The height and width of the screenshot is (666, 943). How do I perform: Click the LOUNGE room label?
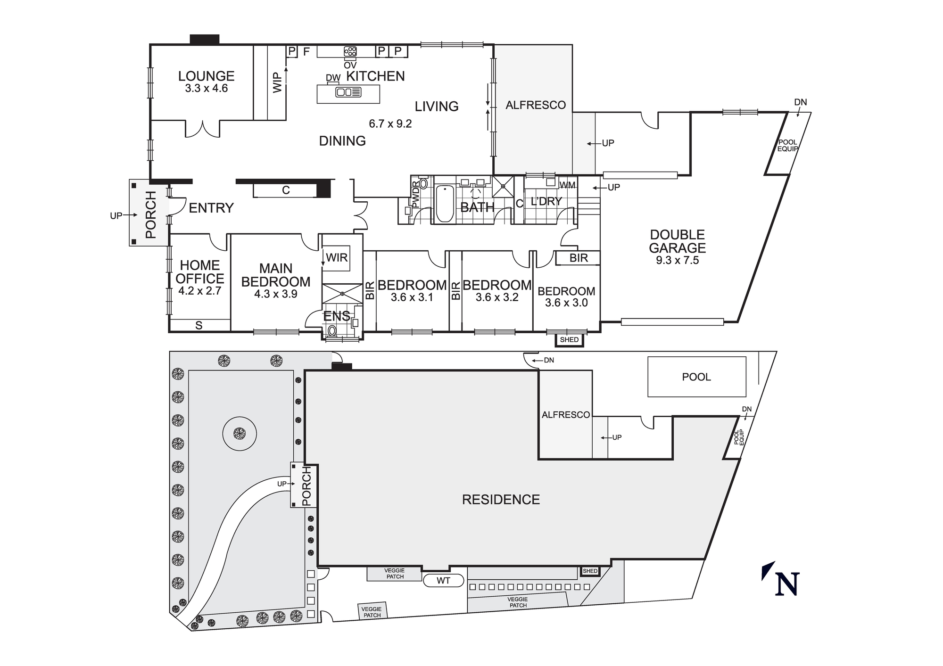coord(206,76)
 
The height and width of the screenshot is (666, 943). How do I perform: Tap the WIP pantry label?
coord(277,82)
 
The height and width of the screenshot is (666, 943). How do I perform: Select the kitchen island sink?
coord(348,92)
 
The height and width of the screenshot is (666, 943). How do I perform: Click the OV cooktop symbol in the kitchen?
coord(350,51)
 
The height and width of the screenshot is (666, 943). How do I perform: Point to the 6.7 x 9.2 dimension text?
coord(390,124)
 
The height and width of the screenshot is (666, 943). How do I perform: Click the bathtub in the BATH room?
coord(445,204)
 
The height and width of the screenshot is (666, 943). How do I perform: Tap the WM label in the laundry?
coord(568,185)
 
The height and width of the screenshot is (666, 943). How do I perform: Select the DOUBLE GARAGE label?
coord(677,241)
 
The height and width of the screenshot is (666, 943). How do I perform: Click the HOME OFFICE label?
coord(200,272)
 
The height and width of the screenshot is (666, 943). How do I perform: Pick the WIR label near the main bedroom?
coord(337,258)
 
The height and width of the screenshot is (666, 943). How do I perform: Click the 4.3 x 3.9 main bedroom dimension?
coord(276,294)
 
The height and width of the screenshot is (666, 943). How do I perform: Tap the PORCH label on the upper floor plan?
coord(150,214)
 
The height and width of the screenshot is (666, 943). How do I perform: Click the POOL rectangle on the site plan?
coord(696,377)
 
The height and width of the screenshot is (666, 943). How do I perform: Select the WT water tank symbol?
coord(443,581)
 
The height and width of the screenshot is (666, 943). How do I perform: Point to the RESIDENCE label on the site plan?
coord(501,500)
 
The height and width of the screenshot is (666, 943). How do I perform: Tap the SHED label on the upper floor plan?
coord(569,340)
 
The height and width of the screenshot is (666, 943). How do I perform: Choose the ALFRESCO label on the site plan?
coord(565,415)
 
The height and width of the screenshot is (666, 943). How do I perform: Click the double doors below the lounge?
coord(203,129)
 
